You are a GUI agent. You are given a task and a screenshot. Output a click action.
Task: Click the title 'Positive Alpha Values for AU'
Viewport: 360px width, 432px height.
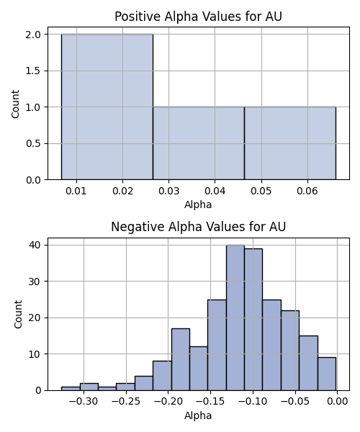(x=198, y=17)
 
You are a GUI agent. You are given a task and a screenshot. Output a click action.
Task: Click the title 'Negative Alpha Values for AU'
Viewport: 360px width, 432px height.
(x=198, y=227)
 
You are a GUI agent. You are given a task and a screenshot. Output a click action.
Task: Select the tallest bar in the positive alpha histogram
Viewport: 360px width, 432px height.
(x=107, y=107)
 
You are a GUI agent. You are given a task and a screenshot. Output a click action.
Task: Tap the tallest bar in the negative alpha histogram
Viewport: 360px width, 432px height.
(x=235, y=318)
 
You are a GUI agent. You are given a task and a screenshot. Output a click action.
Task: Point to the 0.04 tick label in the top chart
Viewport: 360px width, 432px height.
(x=215, y=191)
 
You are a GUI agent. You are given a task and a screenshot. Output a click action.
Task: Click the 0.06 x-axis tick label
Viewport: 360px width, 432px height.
(x=307, y=191)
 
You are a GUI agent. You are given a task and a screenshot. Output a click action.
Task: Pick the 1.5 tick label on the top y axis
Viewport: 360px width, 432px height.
(x=33, y=71)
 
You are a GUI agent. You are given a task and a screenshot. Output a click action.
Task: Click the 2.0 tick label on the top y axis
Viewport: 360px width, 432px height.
(x=33, y=35)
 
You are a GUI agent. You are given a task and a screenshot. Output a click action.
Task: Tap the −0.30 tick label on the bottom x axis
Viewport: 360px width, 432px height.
(x=84, y=402)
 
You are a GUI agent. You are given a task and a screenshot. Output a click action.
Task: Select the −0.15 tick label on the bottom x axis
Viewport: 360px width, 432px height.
(x=210, y=402)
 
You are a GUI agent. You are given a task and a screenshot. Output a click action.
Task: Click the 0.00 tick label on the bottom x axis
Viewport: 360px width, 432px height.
(x=338, y=402)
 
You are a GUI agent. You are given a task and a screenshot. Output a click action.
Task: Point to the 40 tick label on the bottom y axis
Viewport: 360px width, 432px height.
(x=35, y=245)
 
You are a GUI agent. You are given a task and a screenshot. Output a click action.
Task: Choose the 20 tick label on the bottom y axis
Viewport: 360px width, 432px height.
(x=35, y=318)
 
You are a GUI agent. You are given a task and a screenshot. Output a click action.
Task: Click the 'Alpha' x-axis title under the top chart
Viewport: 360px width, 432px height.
(x=198, y=205)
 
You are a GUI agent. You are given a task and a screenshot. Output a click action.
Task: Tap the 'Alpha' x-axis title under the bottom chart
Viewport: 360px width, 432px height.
(x=198, y=415)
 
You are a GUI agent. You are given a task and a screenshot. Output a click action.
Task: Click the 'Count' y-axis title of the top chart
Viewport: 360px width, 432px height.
(x=15, y=104)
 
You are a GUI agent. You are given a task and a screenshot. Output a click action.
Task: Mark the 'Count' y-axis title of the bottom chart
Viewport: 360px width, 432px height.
(x=18, y=315)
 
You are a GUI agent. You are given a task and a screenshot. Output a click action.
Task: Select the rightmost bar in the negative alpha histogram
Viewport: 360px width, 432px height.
(x=327, y=374)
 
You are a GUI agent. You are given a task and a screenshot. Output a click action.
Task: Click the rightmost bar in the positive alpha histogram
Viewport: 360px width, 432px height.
(x=290, y=143)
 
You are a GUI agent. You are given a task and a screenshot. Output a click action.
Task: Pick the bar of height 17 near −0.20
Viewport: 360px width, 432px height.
(x=181, y=359)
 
